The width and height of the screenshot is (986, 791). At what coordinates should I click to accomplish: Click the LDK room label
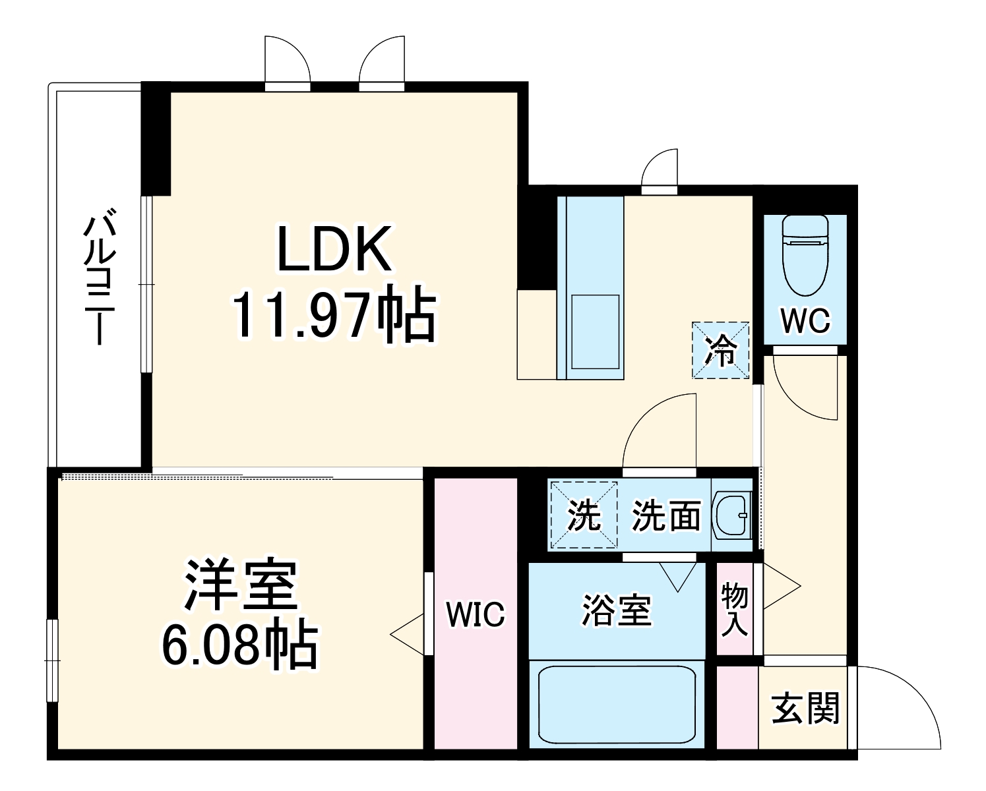click(x=334, y=249)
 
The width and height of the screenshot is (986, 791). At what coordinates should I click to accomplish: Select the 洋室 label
click(x=241, y=585)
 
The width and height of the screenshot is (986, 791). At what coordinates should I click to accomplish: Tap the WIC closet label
click(x=475, y=614)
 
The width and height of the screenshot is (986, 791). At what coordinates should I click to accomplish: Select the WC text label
click(x=805, y=321)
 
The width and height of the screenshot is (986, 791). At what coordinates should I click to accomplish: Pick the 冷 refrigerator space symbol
click(x=720, y=351)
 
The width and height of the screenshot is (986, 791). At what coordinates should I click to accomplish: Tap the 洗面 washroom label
click(x=666, y=515)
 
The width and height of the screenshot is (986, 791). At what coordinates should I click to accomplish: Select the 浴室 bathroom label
click(x=617, y=610)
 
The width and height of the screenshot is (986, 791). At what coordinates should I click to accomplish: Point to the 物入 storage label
click(x=734, y=609)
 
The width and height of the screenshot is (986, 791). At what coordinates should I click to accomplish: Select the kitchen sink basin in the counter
click(x=595, y=332)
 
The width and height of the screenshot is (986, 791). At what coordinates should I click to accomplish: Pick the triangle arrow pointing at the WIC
click(x=409, y=634)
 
